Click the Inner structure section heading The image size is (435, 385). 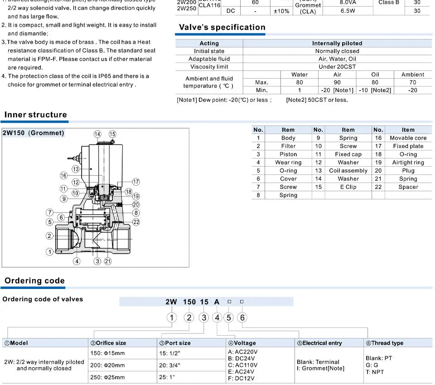35,115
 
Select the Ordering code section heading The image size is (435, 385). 34,280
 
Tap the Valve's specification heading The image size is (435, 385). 222,27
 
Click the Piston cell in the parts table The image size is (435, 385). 288,154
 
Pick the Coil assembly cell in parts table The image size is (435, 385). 348,171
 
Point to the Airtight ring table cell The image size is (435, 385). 408,163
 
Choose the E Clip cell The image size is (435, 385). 348,187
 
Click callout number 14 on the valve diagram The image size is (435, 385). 97,134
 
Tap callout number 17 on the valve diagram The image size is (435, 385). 136,182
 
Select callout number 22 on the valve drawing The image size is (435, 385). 136,222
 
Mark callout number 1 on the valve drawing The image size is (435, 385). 50,252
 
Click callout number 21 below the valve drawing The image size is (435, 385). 107,261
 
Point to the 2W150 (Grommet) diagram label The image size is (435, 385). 34,133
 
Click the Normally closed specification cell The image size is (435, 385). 337,51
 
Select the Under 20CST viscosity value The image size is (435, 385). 337,67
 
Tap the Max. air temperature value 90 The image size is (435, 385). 337,82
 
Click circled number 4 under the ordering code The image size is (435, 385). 217,318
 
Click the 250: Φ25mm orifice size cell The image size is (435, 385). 108,377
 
